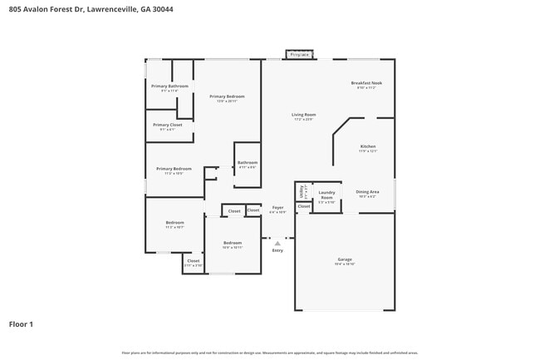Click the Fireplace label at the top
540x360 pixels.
click(299, 55)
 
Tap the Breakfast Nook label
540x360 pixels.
click(366, 83)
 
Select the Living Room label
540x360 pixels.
click(303, 115)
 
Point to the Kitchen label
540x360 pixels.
click(368, 147)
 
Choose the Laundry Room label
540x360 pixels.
click(326, 195)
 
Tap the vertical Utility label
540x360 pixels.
click(302, 191)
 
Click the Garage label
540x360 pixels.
click(345, 259)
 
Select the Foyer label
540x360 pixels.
click(277, 208)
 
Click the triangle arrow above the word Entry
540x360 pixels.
click(277, 243)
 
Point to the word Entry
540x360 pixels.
click(277, 250)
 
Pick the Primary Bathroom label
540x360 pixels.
click(169, 86)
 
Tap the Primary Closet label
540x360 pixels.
click(167, 125)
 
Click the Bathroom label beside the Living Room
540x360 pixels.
click(248, 162)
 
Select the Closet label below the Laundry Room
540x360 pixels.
click(304, 206)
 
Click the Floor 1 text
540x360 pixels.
click(22, 323)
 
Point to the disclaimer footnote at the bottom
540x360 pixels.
click(270, 353)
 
